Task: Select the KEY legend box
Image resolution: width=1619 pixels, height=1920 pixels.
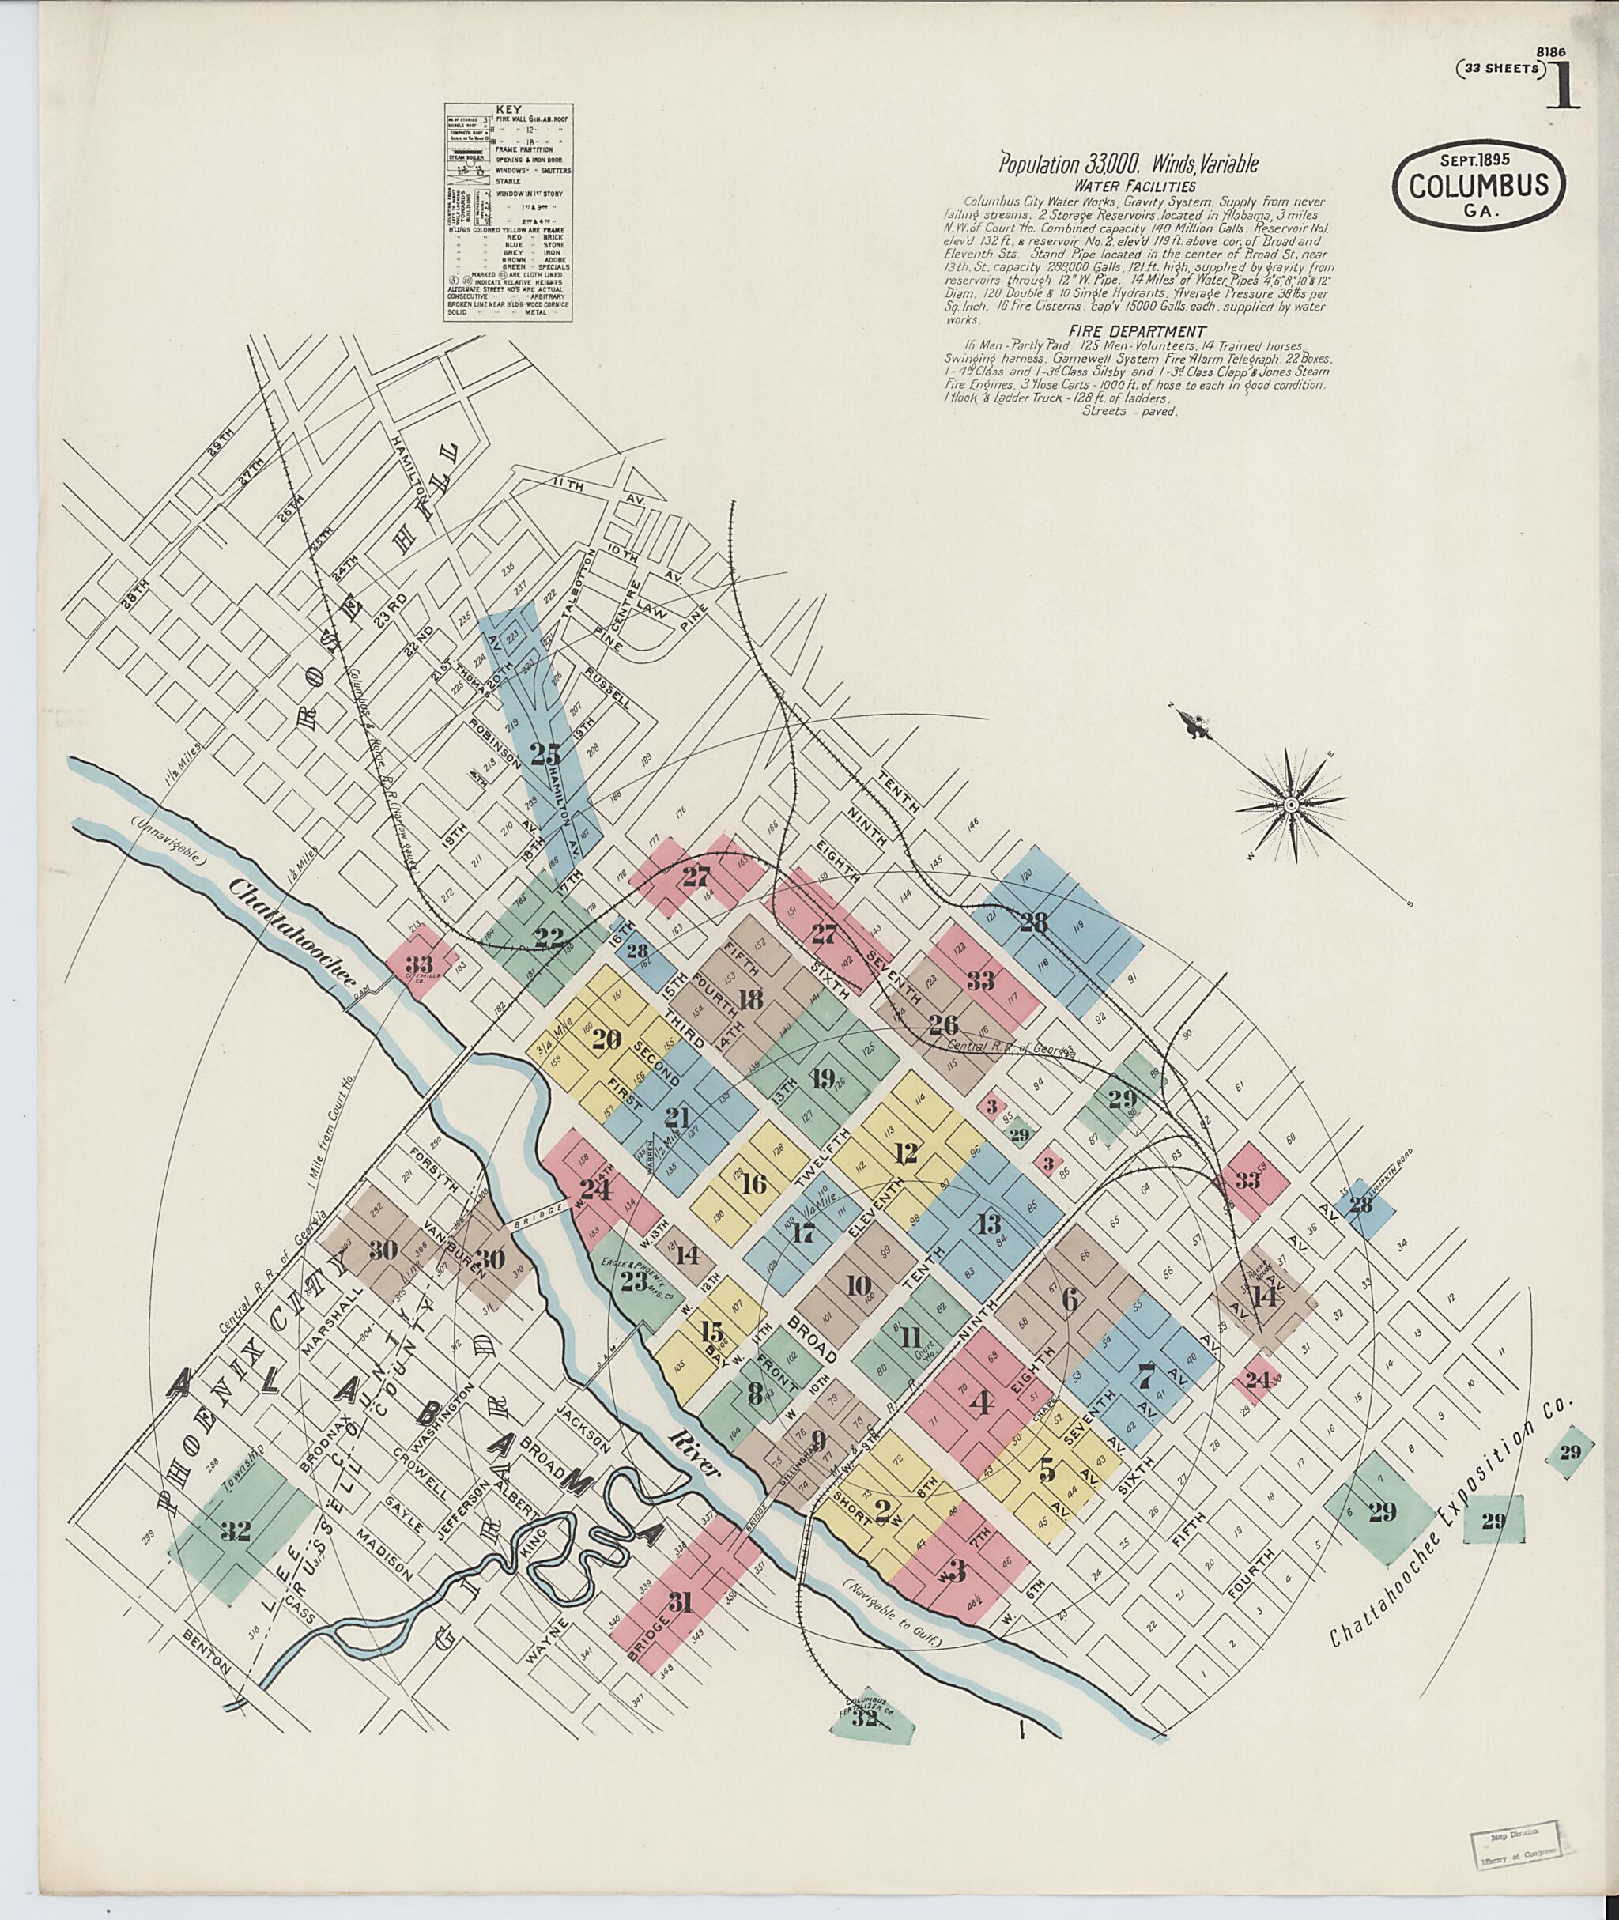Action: [508, 211]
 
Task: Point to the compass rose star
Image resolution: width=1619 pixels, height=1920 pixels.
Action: [1290, 805]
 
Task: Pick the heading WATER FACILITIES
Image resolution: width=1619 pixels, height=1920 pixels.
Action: [1129, 186]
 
